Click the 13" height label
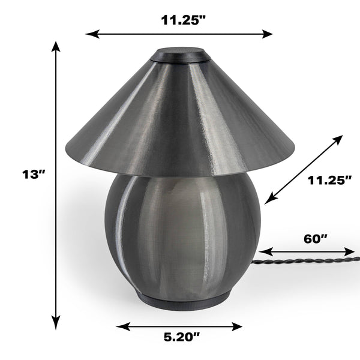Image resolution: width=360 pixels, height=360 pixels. [34, 174]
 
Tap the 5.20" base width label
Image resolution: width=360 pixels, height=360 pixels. [182, 337]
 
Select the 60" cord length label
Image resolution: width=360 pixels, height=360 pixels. [315, 239]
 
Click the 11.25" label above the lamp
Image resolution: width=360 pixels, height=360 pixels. [183, 20]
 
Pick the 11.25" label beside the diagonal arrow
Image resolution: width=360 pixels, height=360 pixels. [329, 180]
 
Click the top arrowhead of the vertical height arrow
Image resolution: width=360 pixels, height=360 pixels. [56, 46]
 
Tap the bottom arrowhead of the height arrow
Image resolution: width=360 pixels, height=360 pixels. [56, 324]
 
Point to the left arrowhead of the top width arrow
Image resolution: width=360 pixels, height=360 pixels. [92, 34]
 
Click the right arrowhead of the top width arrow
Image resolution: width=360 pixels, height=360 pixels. [266, 34]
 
